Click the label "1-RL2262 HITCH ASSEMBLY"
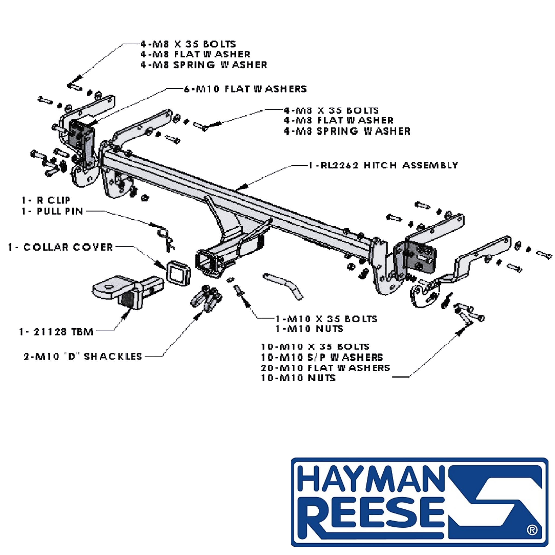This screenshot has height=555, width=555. pos(383,166)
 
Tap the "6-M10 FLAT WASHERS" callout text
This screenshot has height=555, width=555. pos(246,89)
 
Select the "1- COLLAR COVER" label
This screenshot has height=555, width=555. pos(60,247)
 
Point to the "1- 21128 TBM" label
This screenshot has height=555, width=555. pos(56,332)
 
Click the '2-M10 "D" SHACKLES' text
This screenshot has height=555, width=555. pos(83,357)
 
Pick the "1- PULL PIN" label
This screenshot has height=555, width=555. pos(53,211)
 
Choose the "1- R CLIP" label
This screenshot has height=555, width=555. pos(46,200)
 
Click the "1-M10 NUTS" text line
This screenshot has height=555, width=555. pos(309,329)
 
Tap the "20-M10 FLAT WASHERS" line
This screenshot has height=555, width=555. pos(325,368)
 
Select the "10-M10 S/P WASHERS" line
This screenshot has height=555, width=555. pos(322,357)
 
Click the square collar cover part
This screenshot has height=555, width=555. pos(178,273)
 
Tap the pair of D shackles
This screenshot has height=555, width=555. pos(206,298)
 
